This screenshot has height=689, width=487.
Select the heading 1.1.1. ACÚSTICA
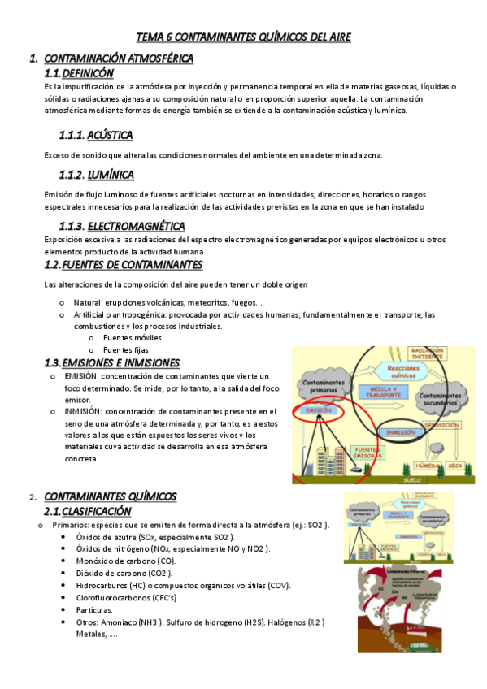(96, 134)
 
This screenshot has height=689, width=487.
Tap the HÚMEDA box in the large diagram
(424, 466)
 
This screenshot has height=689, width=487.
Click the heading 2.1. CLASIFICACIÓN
(87, 511)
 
